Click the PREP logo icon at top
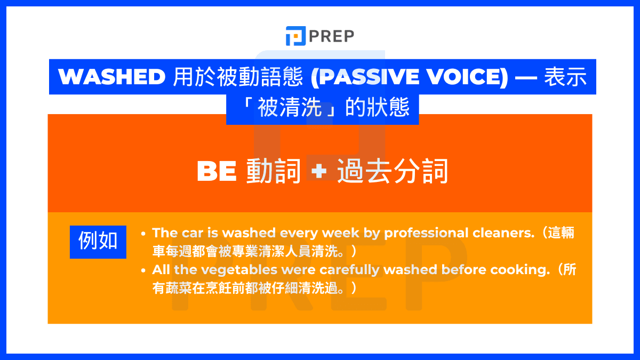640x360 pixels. coord(295,36)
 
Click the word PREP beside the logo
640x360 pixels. coord(331,36)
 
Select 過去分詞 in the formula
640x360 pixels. coord(392,172)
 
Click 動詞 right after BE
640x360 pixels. coord(274,172)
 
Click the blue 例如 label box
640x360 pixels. coord(98,242)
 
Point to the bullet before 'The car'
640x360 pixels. coord(143,234)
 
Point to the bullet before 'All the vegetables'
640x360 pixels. coord(143,270)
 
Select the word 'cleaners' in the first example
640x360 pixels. coord(506,233)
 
